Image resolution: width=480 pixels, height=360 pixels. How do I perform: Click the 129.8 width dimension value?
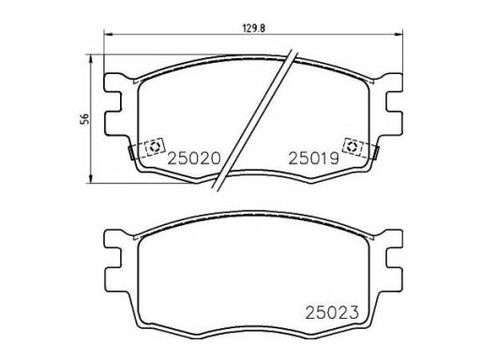pos(254,28)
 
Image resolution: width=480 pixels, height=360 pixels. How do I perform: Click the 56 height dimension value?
pos(84,119)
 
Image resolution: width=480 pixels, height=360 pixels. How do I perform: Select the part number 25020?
pos(194,158)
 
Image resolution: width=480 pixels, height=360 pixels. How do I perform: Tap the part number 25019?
pos(314,158)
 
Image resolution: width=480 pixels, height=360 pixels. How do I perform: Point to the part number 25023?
pos(332,312)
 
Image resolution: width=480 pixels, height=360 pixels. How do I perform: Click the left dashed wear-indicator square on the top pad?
pos(154,146)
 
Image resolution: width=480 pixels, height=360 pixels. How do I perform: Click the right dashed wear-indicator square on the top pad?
pos(352,146)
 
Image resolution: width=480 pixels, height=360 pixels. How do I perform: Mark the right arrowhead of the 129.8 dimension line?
pos(398,35)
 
